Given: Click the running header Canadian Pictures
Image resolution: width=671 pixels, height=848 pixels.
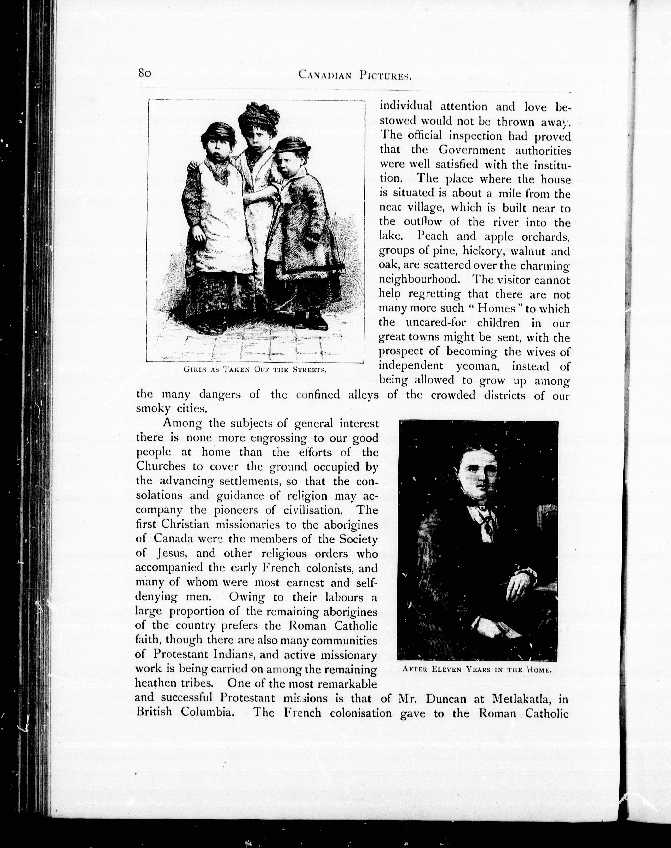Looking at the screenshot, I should coord(354,75).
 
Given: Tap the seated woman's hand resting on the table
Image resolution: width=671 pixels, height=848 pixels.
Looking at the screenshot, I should coord(519,586).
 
